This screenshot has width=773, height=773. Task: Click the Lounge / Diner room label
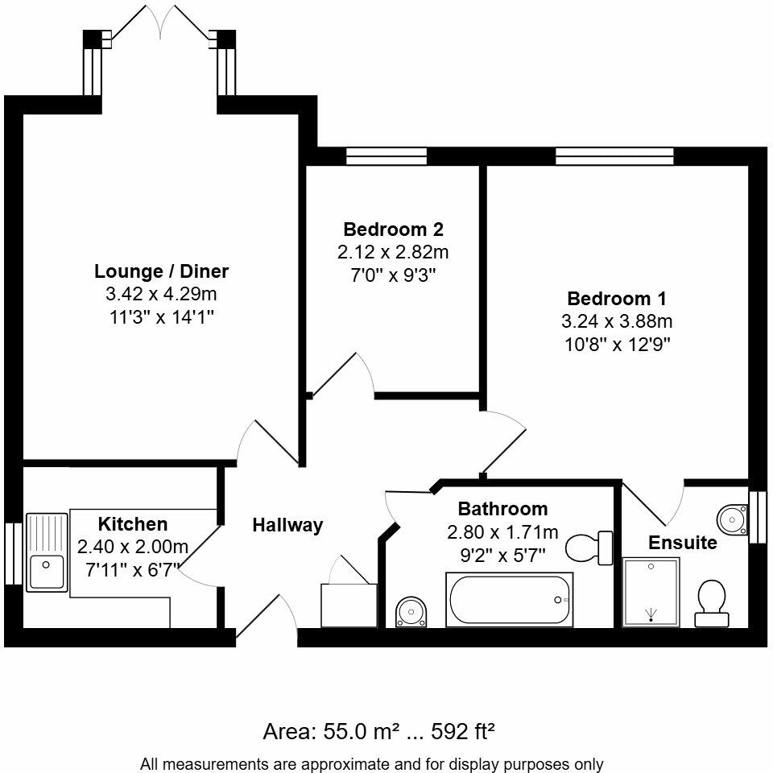pos(162,271)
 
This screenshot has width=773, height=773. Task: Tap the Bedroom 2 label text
pos(393,229)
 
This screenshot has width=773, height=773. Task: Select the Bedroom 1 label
pos(616,299)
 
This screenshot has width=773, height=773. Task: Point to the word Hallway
pos(287,526)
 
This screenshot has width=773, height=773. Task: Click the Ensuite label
pos(683,543)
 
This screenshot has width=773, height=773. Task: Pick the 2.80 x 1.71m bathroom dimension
pos(502,531)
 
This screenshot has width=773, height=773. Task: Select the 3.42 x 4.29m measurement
pos(162,294)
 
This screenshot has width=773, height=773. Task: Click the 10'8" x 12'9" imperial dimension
pos(616,345)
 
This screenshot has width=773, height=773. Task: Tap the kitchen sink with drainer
pos(48,552)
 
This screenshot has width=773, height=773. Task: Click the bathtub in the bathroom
pos(510,601)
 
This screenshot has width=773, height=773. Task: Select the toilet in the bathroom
pos(589,548)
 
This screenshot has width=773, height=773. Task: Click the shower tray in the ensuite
pos(651,593)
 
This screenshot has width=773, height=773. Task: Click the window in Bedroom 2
pos(386,156)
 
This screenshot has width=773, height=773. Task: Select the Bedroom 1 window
pos(614,156)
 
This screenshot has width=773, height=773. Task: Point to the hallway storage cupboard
pos(348,605)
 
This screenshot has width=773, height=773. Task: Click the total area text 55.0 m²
pos(321,732)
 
